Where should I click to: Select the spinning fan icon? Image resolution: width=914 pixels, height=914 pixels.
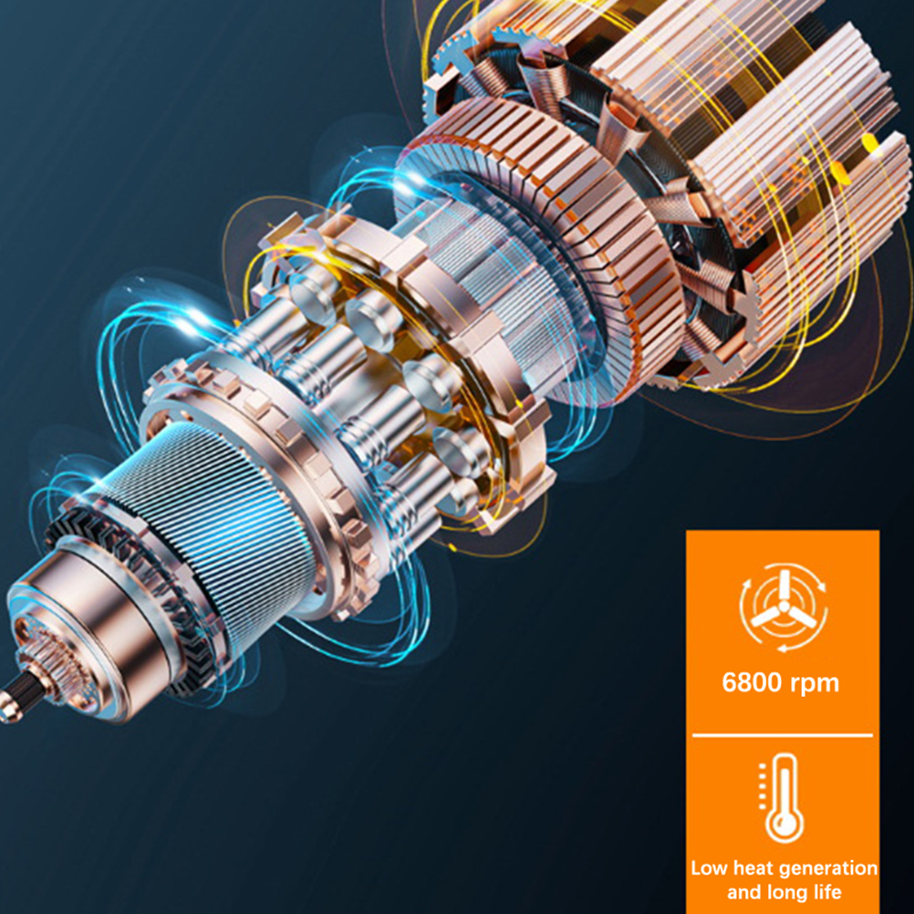pyautogui.click(x=784, y=607)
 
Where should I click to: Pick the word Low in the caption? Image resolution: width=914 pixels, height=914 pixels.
pyautogui.click(x=710, y=868)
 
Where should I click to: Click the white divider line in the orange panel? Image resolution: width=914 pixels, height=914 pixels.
pyautogui.click(x=783, y=735)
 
